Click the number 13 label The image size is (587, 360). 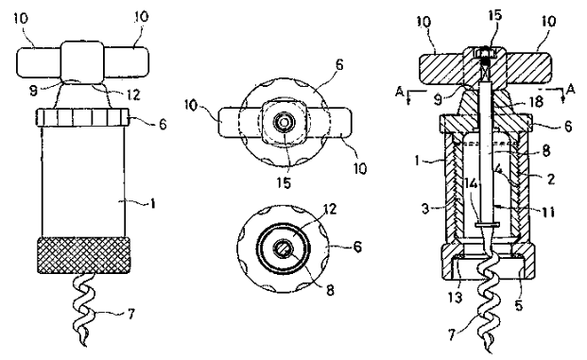click(455, 298)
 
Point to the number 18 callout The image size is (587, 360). click(537, 101)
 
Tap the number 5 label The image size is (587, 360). click(519, 305)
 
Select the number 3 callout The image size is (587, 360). click(425, 209)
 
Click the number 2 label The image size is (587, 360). click(550, 179)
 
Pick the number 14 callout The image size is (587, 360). click(470, 183)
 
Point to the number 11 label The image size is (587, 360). click(546, 212)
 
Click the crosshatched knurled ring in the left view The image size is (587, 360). click(84, 255)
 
